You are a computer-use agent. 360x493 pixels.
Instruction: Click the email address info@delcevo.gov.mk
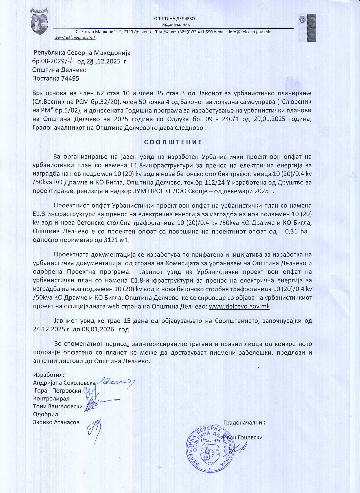pyautogui.click(x=249, y=32)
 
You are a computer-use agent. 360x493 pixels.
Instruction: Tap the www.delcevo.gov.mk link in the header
pyautogui.click(x=75, y=38)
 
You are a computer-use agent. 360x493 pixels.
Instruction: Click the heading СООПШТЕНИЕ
pyautogui.click(x=173, y=142)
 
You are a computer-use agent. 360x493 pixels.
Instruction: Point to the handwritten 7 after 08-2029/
pyautogui.click(x=71, y=61)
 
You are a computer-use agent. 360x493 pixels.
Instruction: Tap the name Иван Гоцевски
pyautogui.click(x=243, y=437)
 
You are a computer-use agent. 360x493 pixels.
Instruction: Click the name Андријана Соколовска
pyautogui.click(x=64, y=383)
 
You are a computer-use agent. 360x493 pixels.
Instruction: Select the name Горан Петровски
pyautogui.click(x=58, y=391)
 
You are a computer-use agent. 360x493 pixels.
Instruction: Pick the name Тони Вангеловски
pyautogui.click(x=58, y=406)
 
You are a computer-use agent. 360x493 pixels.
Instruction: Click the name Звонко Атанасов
pyautogui.click(x=56, y=422)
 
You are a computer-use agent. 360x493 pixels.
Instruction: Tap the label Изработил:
pyautogui.click(x=49, y=375)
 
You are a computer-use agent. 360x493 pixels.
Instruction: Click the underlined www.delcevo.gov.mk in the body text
pyautogui.click(x=239, y=307)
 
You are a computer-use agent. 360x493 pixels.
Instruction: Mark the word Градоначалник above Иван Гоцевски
pyautogui.click(x=244, y=422)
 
